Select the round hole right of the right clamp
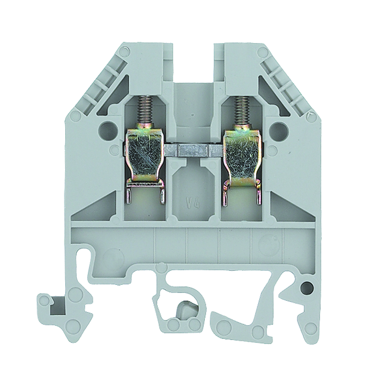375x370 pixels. coord(276,129)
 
